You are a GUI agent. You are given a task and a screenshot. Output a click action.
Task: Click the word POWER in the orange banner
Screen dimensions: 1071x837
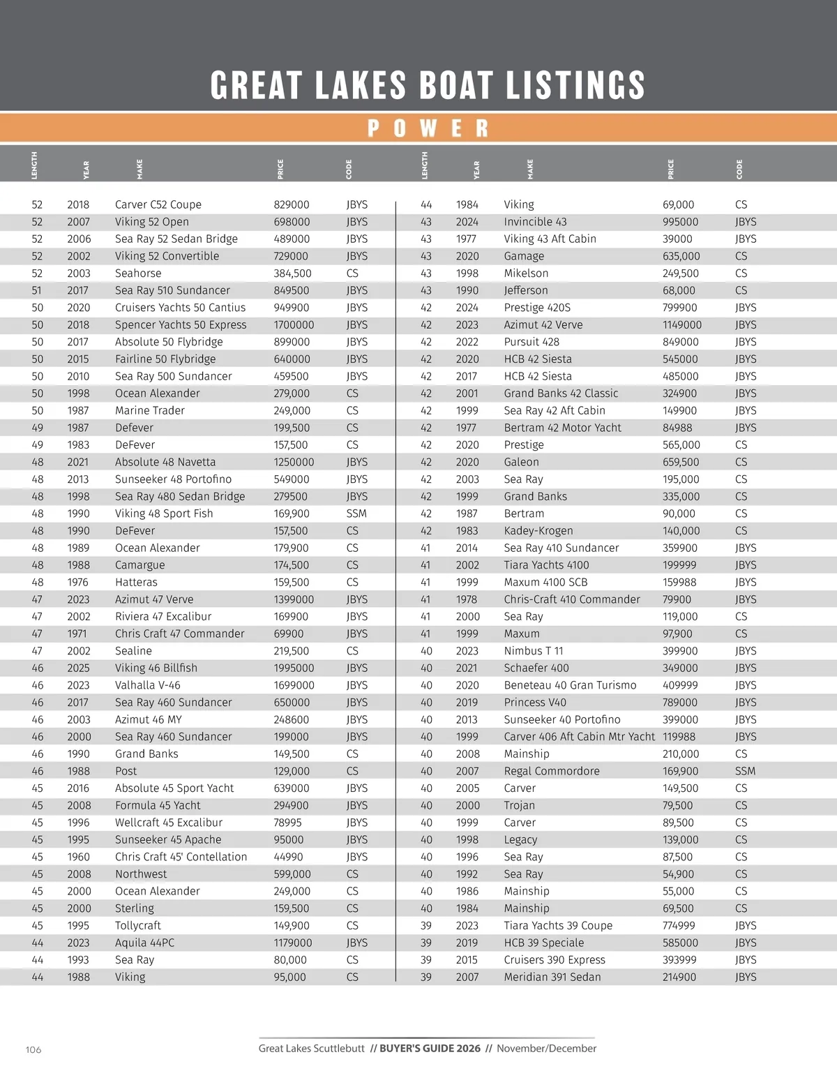(428, 128)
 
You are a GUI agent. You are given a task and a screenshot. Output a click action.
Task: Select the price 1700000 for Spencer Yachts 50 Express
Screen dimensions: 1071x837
(294, 324)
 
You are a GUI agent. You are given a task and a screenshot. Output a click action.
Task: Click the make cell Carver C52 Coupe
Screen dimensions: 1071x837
(158, 204)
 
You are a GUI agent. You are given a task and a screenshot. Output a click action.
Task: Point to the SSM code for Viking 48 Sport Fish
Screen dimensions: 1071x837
(356, 514)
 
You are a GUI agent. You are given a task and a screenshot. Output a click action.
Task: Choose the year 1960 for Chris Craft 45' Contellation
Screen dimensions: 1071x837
(78, 857)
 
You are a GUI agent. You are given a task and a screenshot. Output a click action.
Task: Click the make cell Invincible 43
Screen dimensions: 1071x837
(536, 222)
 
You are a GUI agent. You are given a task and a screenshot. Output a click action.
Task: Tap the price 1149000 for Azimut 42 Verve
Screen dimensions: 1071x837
(682, 324)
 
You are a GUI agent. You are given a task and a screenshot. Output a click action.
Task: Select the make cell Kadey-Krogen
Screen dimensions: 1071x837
(538, 531)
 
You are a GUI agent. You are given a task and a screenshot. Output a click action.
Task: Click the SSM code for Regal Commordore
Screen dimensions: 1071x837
(745, 771)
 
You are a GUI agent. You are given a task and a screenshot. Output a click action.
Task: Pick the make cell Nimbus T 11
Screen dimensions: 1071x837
(534, 651)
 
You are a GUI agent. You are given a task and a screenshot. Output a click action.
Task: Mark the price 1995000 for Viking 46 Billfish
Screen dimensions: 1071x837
(294, 668)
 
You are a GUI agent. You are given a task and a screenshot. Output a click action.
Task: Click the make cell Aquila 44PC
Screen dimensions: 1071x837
(145, 943)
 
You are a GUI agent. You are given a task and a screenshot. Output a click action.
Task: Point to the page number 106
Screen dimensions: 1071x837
(33, 1049)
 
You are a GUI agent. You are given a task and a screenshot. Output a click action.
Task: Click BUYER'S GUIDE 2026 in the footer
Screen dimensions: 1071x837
(430, 1048)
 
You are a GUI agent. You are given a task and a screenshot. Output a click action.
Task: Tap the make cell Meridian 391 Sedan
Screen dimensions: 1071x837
(552, 977)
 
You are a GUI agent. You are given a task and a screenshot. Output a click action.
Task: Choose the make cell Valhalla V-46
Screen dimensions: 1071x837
(148, 685)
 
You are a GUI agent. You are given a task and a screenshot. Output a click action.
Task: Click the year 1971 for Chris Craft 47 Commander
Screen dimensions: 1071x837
(77, 634)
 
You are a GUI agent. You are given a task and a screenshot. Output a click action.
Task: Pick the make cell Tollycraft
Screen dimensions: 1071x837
(138, 925)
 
